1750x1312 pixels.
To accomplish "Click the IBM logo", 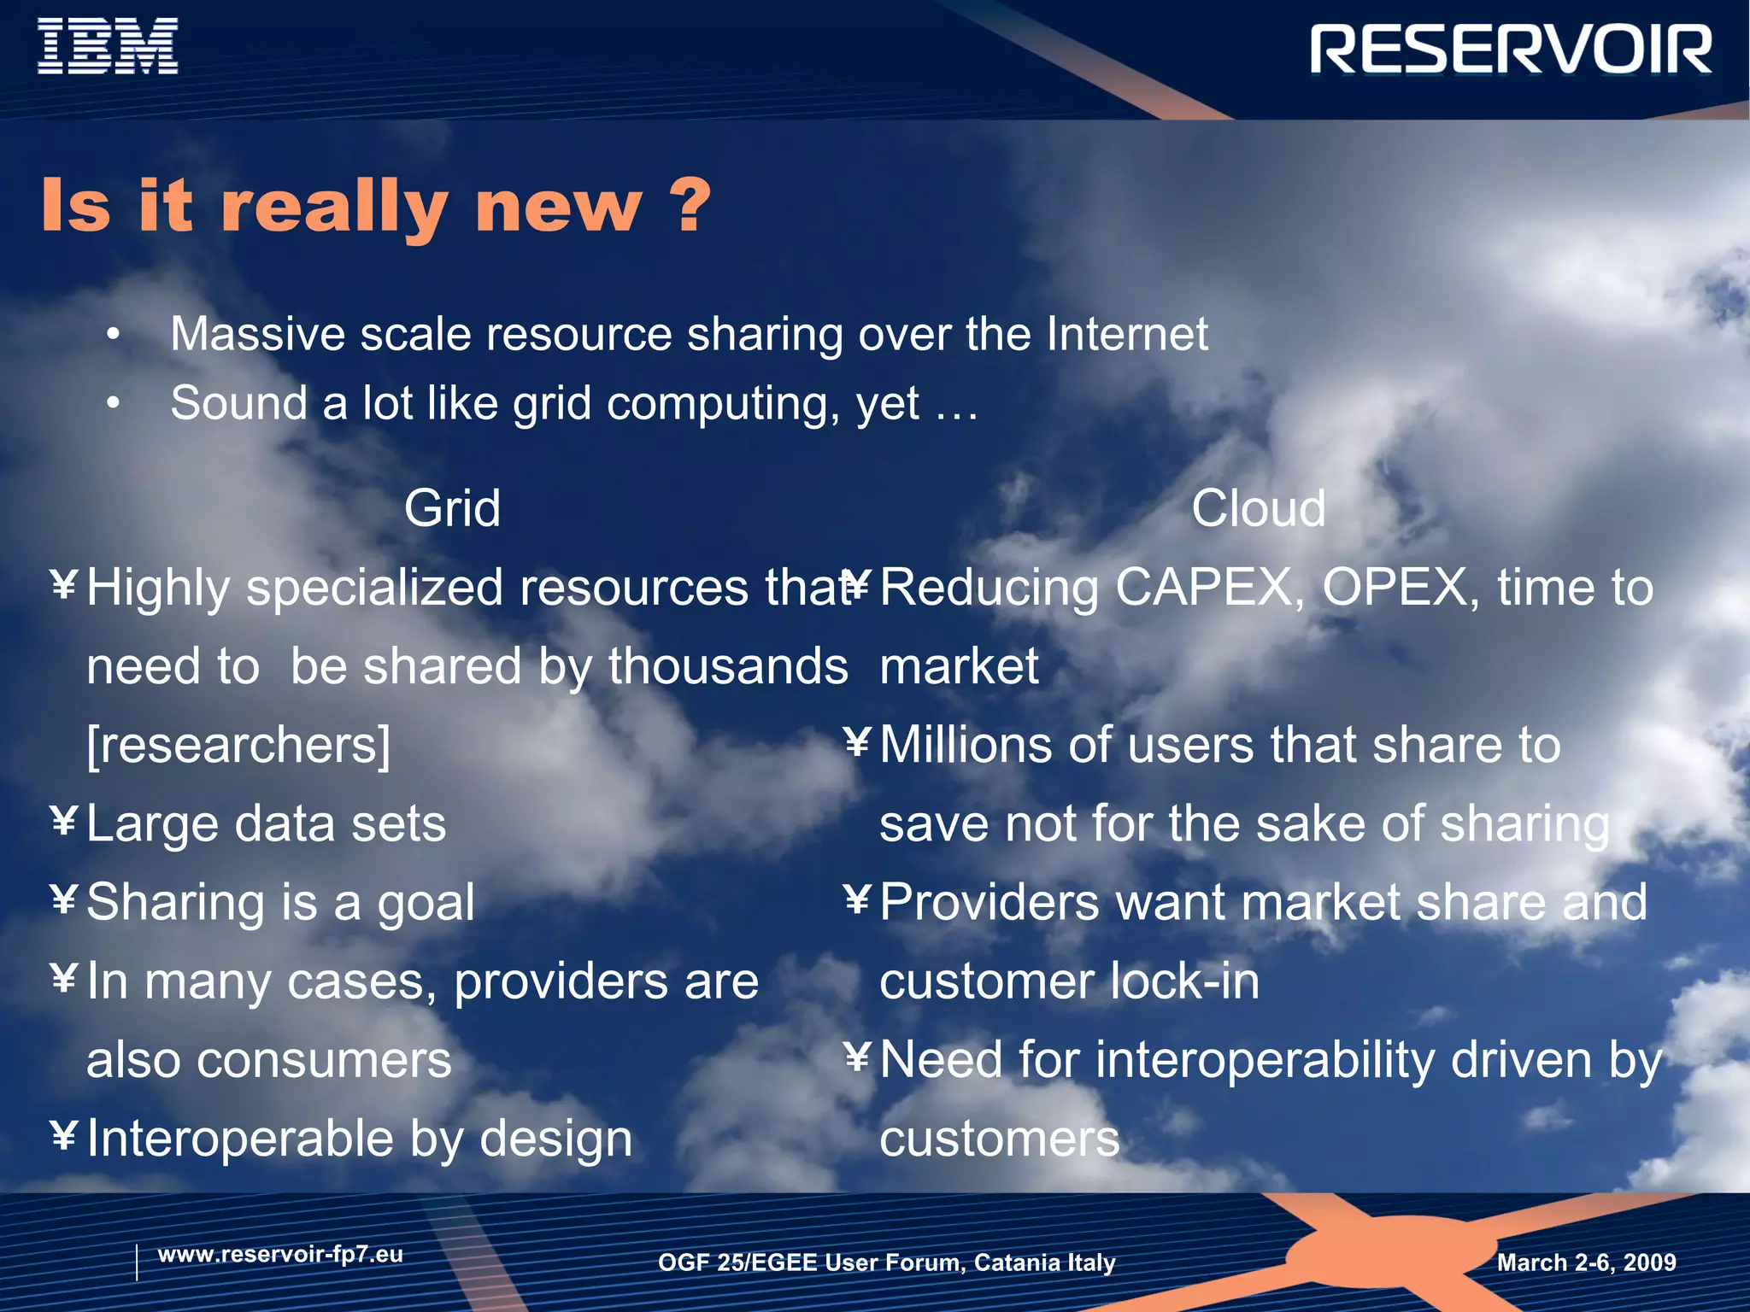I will (x=108, y=47).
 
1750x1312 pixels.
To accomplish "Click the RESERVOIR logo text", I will (x=1511, y=50).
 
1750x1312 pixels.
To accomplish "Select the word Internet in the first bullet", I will (x=1127, y=334).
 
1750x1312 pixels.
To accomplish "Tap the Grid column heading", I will (x=452, y=509).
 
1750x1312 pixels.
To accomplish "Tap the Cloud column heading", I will (x=1258, y=509).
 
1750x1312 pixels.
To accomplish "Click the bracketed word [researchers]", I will (x=238, y=745).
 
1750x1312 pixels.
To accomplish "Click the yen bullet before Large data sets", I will (x=64, y=822).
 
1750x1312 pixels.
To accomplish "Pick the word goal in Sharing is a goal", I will (x=426, y=904).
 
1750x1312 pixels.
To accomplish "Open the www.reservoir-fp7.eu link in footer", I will (x=280, y=1255).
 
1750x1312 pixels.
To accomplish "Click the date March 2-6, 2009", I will (x=1586, y=1262).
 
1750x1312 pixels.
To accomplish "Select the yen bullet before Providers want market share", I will (x=857, y=900).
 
